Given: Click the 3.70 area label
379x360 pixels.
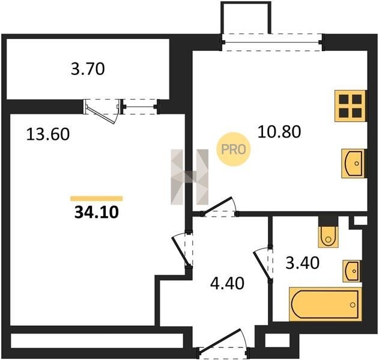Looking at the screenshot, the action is pyautogui.click(x=88, y=69).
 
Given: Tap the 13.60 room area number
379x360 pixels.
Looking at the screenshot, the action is pyautogui.click(x=48, y=134).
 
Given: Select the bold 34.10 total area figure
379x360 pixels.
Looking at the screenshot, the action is pyautogui.click(x=97, y=212).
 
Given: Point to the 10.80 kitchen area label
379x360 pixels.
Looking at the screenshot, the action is pyautogui.click(x=279, y=132).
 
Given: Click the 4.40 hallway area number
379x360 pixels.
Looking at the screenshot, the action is pyautogui.click(x=227, y=283).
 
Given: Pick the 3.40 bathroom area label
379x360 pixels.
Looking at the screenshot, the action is pyautogui.click(x=302, y=263).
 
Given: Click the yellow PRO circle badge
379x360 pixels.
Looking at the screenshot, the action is pyautogui.click(x=233, y=149).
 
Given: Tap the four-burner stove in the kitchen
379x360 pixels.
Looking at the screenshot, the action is pyautogui.click(x=351, y=106).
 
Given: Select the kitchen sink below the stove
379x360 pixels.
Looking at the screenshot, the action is pyautogui.click(x=354, y=163).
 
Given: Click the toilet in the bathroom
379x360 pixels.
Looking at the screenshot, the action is pyautogui.click(x=328, y=236).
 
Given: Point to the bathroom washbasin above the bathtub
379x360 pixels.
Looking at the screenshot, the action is pyautogui.click(x=352, y=271).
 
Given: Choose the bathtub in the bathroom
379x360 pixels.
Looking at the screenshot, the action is pyautogui.click(x=326, y=304).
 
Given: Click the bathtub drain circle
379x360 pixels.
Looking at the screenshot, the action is pyautogui.click(x=353, y=305).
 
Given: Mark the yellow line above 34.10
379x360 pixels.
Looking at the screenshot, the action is pyautogui.click(x=97, y=199).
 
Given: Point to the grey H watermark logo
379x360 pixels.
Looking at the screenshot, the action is pyautogui.click(x=190, y=177).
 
